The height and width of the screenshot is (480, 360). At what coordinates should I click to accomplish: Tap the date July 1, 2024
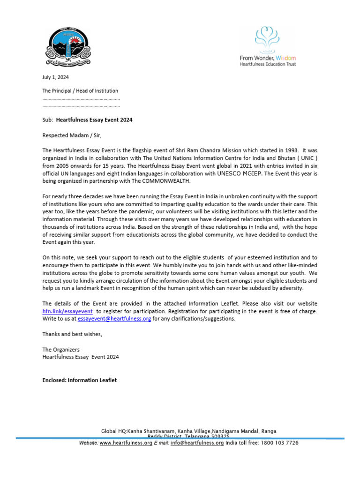point(55,77)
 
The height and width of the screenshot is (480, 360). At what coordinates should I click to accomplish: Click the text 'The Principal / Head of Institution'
point(80,91)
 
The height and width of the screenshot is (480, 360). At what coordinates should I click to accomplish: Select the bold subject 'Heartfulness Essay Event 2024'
point(94,120)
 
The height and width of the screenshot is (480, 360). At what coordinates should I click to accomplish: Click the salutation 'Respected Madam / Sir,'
point(72,136)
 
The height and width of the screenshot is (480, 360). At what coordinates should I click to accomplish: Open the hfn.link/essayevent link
point(67,311)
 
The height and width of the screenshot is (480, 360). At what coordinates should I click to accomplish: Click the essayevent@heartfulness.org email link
point(114,319)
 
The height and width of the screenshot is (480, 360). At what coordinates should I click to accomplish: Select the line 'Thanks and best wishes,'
point(72,334)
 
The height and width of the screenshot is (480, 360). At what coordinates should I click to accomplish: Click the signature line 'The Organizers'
point(61,349)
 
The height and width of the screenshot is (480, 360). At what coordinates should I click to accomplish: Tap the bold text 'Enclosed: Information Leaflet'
point(80,380)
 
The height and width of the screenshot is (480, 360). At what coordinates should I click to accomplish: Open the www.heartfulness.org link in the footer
point(126,443)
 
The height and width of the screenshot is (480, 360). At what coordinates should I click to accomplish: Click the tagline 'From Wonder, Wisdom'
point(268,58)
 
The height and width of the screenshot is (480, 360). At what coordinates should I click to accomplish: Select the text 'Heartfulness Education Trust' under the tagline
point(268,64)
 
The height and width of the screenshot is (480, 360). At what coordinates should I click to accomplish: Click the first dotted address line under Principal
point(81,99)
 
